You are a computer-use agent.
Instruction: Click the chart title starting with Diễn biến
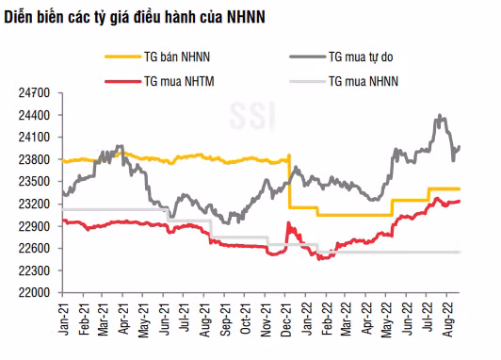click(135, 17)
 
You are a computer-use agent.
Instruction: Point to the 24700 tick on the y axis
click(34, 93)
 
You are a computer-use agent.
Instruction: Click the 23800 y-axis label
click(34, 159)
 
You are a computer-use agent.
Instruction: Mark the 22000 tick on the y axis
click(34, 292)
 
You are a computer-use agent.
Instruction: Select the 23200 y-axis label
click(34, 204)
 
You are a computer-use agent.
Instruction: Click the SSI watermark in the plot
click(252, 115)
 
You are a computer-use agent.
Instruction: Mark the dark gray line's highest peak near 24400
click(440, 115)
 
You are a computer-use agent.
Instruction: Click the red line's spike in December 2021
click(288, 222)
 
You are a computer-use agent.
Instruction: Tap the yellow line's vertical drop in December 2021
click(289, 182)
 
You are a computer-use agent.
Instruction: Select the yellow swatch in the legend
click(123, 57)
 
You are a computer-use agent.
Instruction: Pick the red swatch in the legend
click(123, 81)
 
